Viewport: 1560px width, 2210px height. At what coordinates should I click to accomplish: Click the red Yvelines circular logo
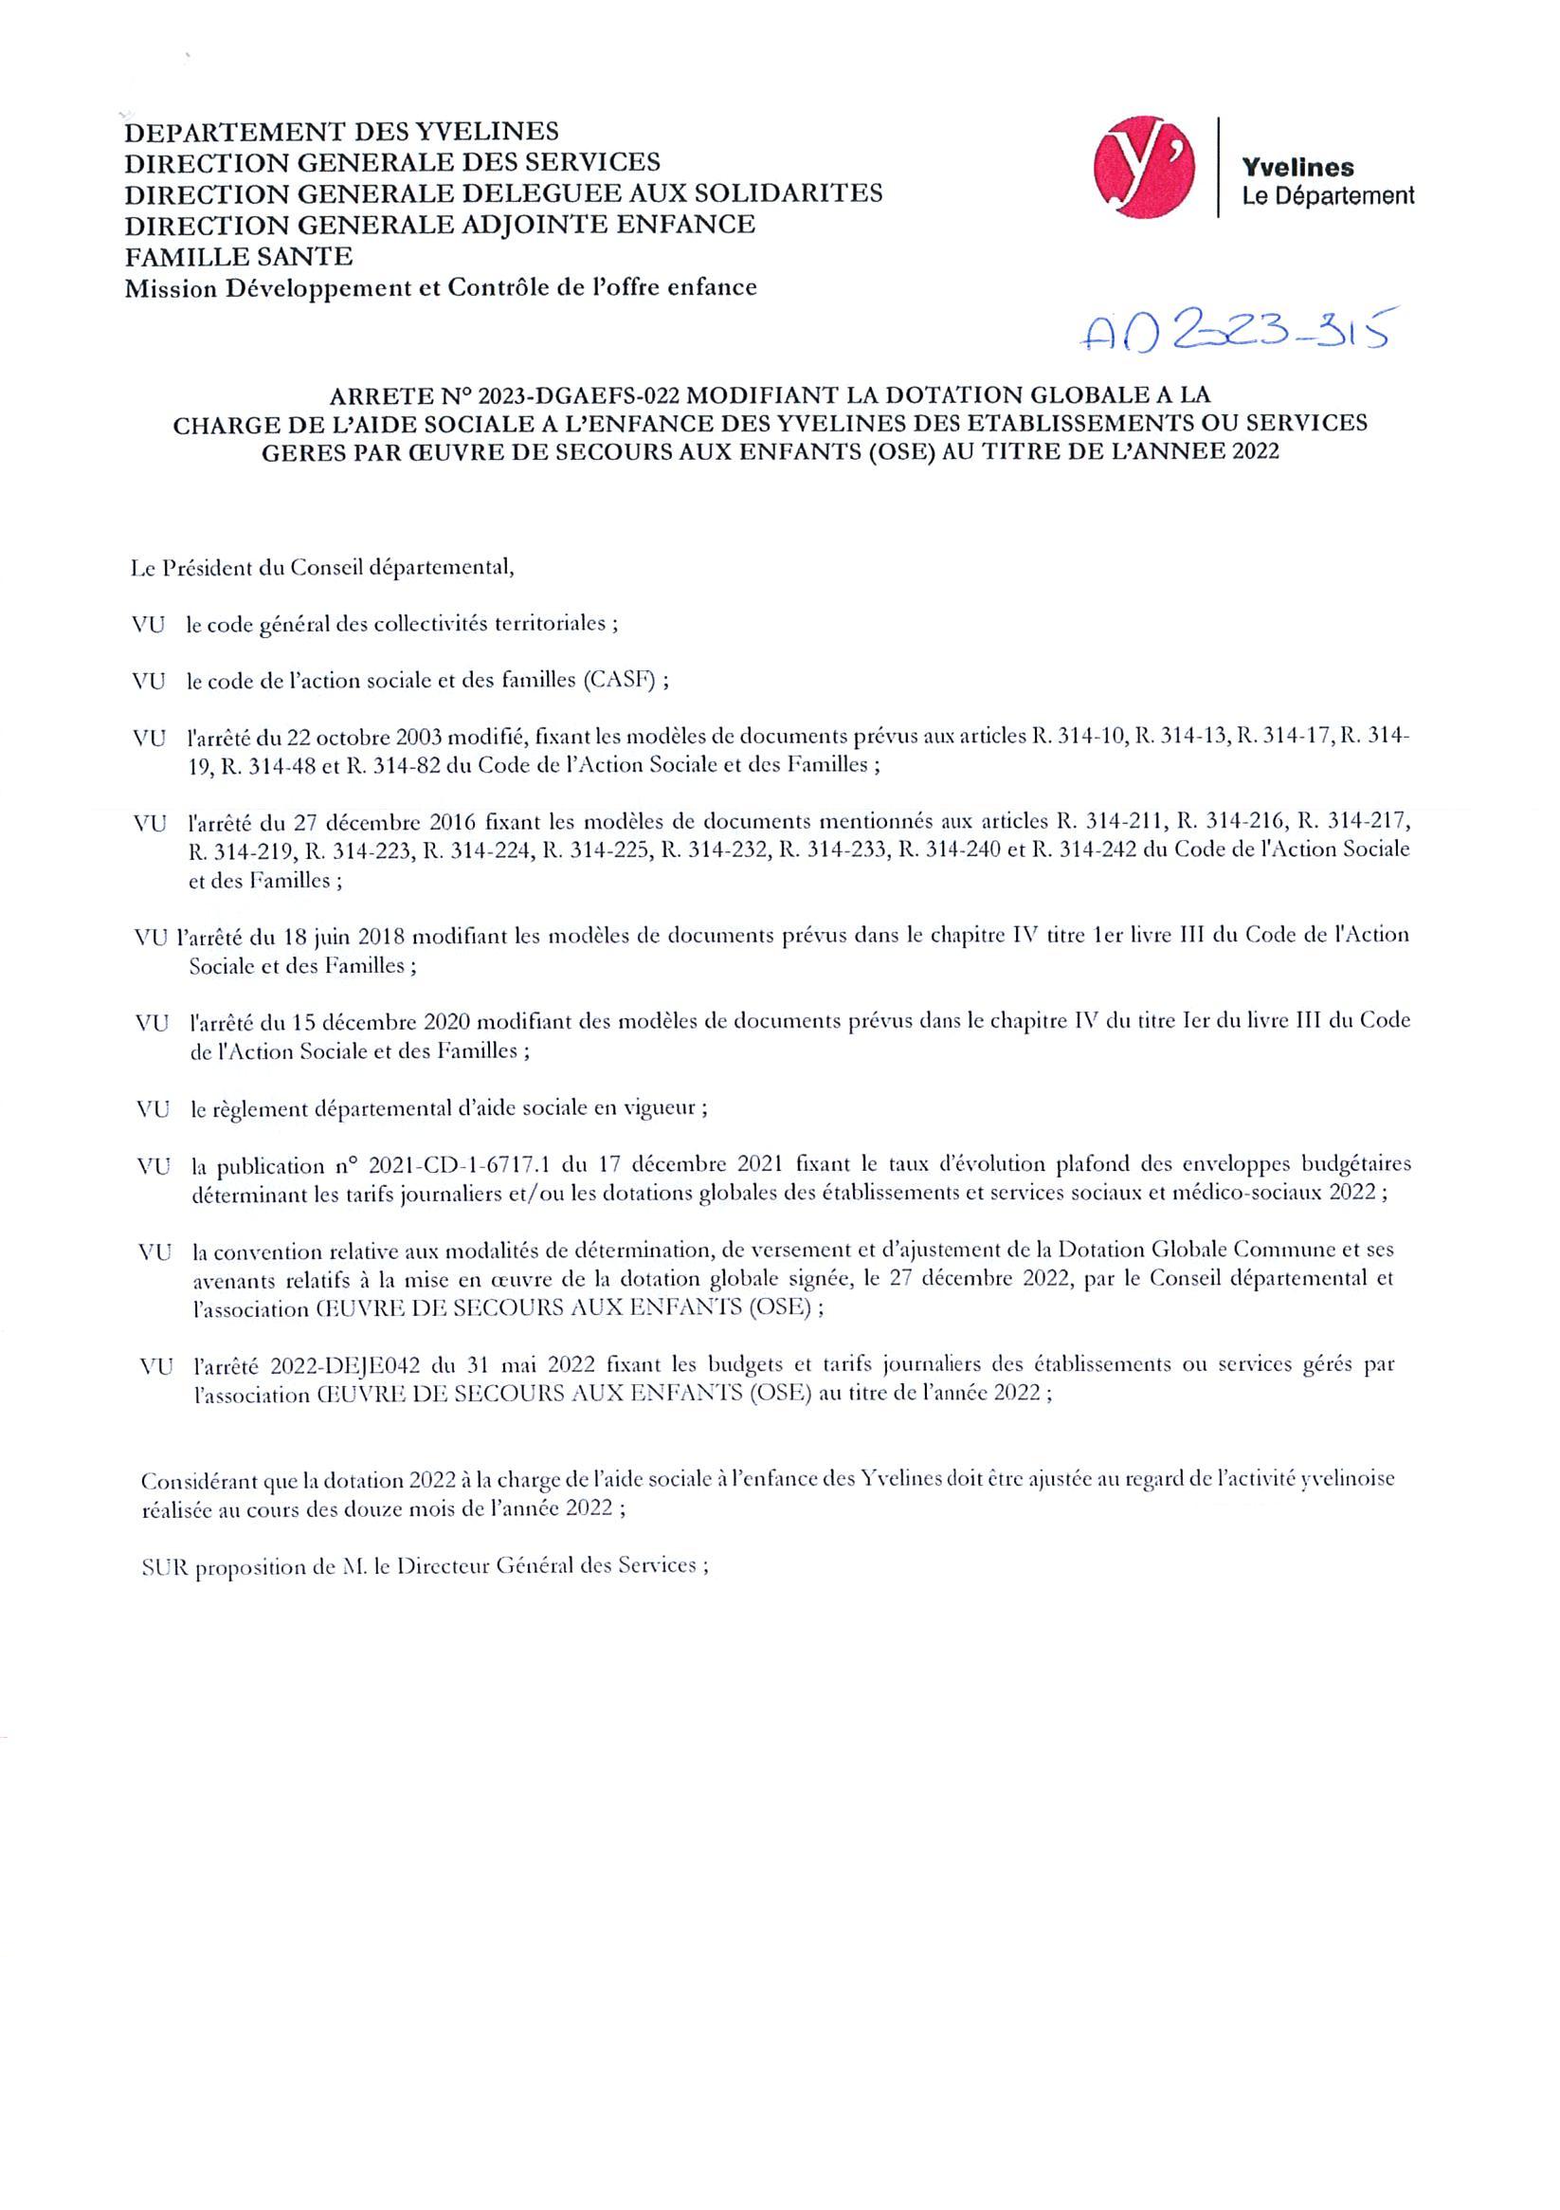click(x=1145, y=165)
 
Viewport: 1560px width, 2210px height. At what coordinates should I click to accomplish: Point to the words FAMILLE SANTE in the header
click(x=238, y=256)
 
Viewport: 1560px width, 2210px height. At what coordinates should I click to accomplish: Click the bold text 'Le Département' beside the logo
click(x=1328, y=196)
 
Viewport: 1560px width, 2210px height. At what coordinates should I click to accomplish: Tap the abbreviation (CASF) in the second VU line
click(x=619, y=681)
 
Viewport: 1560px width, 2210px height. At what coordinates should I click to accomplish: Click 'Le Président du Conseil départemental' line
click(x=322, y=568)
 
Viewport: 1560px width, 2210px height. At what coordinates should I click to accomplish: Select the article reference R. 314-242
click(x=1116, y=850)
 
